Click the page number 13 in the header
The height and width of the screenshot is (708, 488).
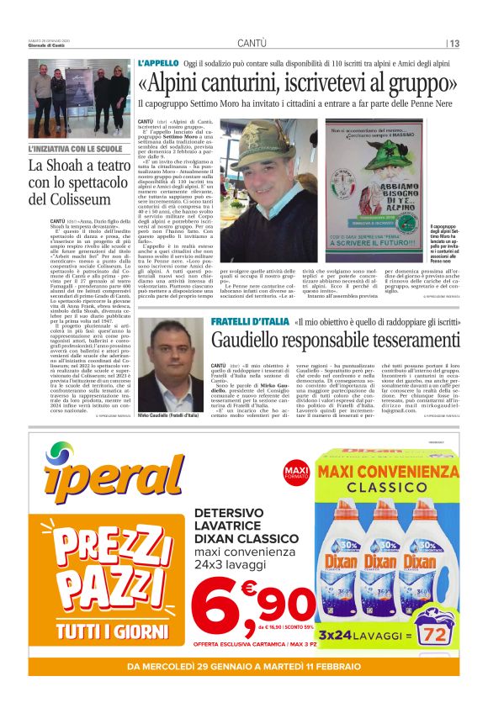click(x=454, y=44)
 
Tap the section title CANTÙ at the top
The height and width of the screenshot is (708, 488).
click(x=252, y=43)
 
